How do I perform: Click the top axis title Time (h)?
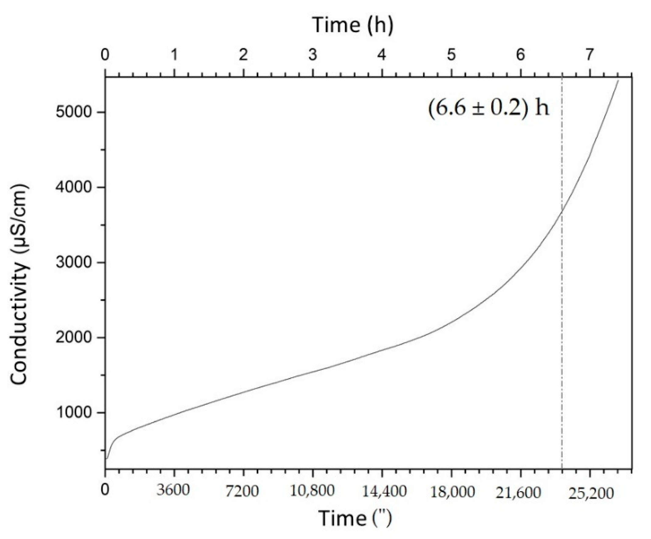(x=353, y=25)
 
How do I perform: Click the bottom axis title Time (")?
(x=355, y=518)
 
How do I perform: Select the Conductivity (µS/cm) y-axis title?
(x=19, y=285)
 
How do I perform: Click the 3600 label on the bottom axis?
(x=173, y=491)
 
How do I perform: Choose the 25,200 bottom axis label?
(x=591, y=493)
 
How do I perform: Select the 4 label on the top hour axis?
(x=382, y=55)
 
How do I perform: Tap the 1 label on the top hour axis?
(x=174, y=55)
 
